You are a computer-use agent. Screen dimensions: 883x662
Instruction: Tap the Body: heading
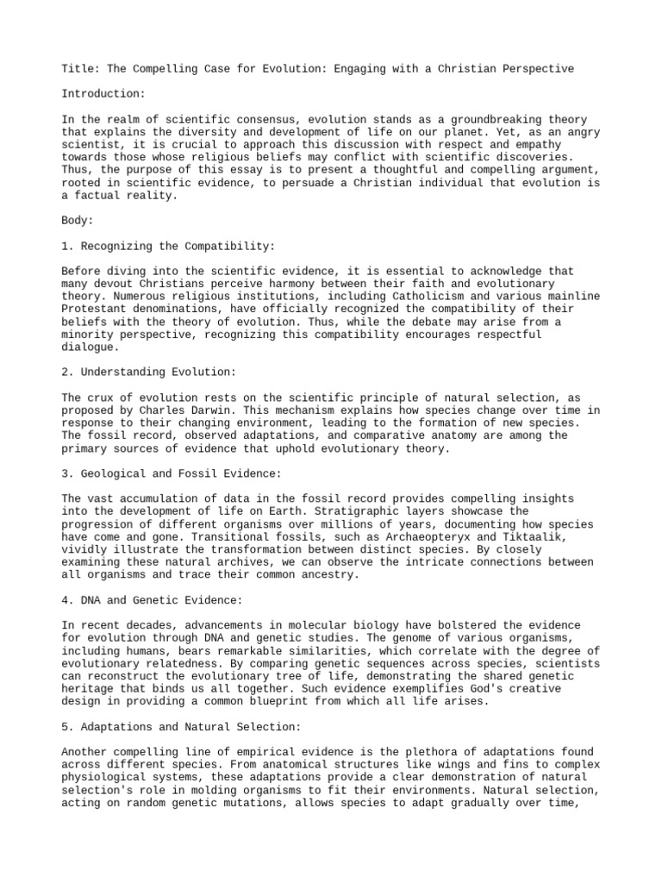coord(78,221)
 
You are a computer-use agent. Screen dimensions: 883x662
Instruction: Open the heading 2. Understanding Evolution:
coord(148,372)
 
